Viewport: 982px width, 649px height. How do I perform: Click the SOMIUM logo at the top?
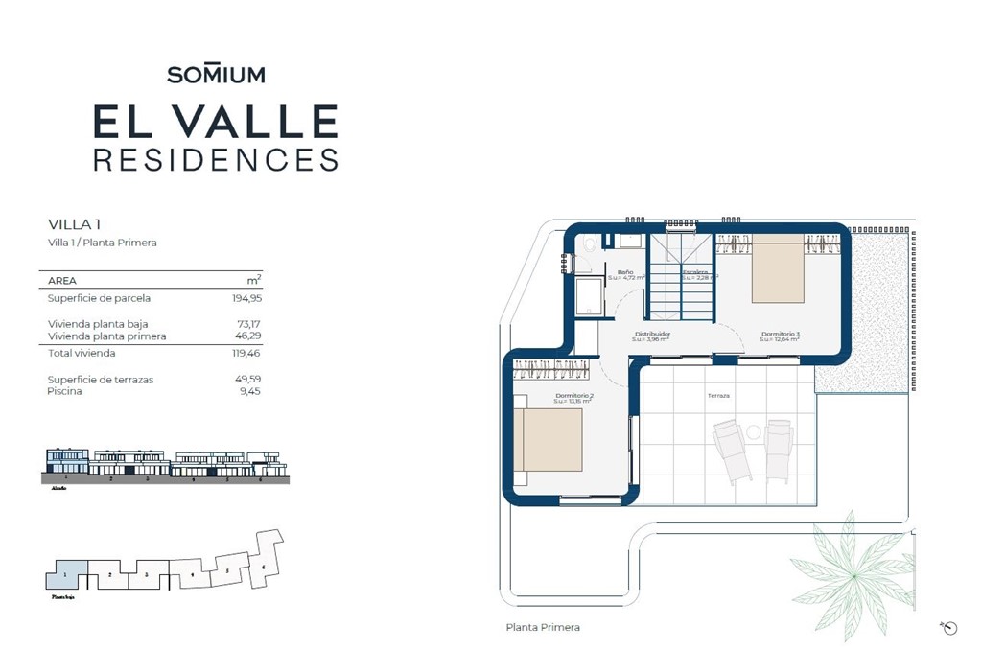pyautogui.click(x=216, y=74)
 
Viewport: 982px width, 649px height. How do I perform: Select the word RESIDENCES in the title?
pyautogui.click(x=216, y=158)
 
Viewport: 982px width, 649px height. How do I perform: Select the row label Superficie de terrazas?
pyautogui.click(x=101, y=380)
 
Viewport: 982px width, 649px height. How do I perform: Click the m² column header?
pyautogui.click(x=253, y=280)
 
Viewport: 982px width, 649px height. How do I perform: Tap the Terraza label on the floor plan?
pyautogui.click(x=719, y=396)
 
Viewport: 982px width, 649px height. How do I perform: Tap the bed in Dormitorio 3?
pyautogui.click(x=778, y=271)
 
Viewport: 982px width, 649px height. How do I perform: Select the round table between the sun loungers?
pyautogui.click(x=755, y=431)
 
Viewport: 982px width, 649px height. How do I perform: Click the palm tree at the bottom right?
pyautogui.click(x=850, y=571)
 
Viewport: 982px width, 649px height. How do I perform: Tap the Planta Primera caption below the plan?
pyautogui.click(x=543, y=627)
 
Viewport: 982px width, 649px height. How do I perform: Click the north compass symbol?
pyautogui.click(x=949, y=628)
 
